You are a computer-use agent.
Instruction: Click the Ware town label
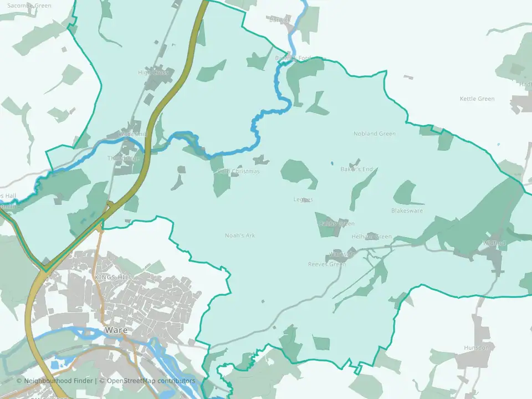coord(116,330)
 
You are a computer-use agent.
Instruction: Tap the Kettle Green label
coord(477,99)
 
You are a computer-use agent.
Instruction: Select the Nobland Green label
coord(375,134)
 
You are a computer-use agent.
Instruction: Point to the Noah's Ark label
coord(240,236)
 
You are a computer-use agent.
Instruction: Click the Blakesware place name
coord(407,211)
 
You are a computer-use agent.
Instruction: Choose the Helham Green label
coord(371,237)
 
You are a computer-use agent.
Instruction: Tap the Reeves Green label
coord(327,264)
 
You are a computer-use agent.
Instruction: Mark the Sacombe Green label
coord(29,6)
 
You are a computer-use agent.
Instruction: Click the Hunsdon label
coord(476,348)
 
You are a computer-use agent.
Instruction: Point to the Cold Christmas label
coord(238,172)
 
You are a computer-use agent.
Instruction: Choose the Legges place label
coord(303,199)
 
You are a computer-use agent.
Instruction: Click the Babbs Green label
coord(336,223)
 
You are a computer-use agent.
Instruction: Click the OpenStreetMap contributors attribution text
coord(151,381)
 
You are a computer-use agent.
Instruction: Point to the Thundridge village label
coord(123,158)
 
